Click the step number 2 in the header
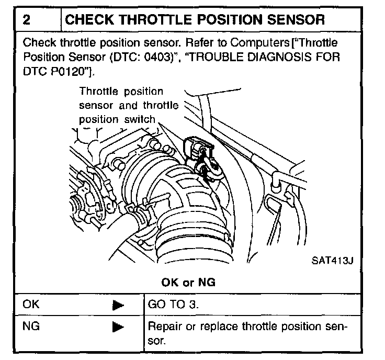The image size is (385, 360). coord(28,20)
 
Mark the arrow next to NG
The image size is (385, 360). coord(118,328)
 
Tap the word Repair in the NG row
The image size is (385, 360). coord(164,327)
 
